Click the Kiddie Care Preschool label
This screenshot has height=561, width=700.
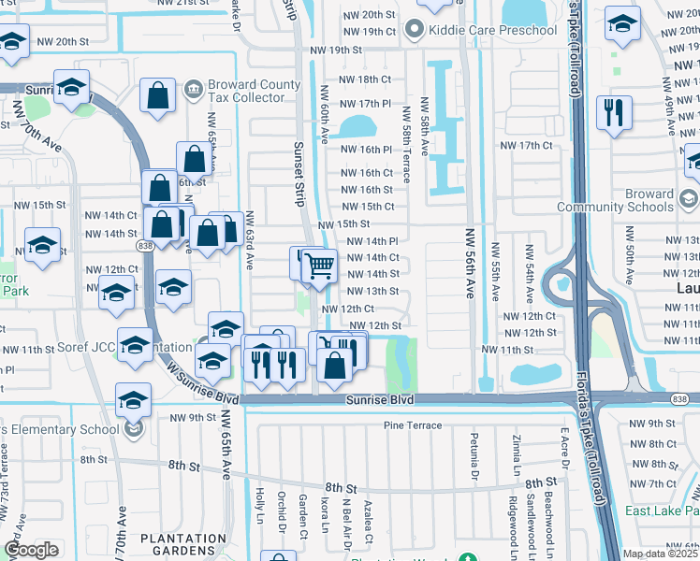[493, 31]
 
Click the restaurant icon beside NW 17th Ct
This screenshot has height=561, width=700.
[614, 113]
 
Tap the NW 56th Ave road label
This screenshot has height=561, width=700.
[467, 270]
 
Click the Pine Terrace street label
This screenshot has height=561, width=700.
[412, 425]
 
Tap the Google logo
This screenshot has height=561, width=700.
[32, 550]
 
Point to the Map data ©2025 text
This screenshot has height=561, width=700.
[661, 554]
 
